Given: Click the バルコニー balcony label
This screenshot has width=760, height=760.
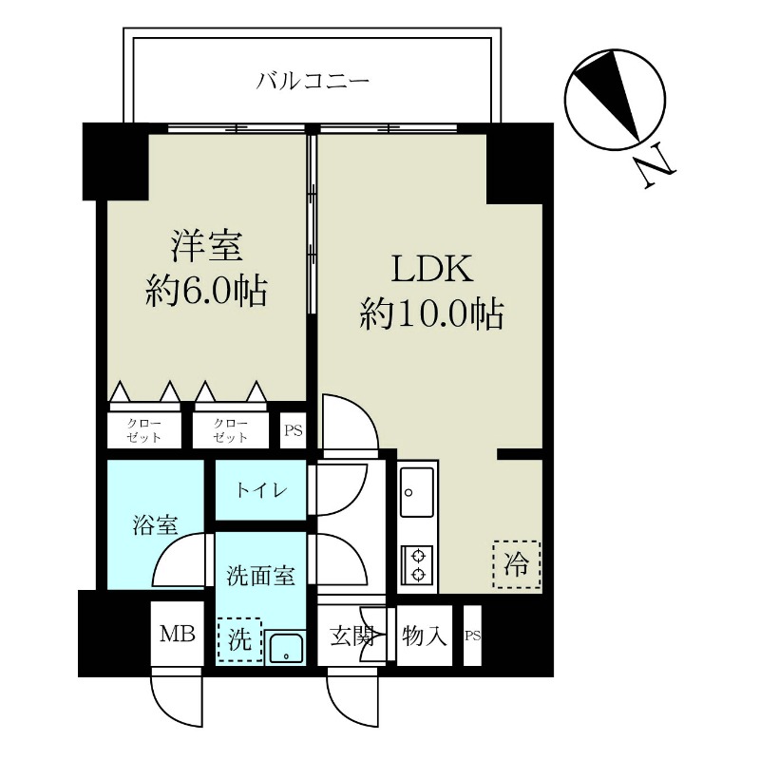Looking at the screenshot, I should coord(313,80).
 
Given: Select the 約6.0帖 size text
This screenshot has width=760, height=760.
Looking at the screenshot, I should coord(206,290).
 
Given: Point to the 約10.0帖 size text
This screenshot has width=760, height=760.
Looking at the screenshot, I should coord(429,313).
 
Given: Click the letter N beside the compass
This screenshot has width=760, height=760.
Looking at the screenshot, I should coord(655,169).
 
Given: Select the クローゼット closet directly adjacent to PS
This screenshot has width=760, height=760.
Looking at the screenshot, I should coord(230,430).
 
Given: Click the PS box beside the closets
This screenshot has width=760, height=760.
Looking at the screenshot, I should coord(293,430).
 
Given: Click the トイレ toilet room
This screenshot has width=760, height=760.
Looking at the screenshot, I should coord(258,491).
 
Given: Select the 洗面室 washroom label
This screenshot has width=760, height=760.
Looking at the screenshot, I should coord(259,575).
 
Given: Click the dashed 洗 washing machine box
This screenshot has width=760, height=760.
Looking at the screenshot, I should coord(238,639).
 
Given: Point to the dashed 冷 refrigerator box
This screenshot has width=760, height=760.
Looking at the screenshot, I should coord(516,564).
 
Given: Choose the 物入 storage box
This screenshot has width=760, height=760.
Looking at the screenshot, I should coord(424,636).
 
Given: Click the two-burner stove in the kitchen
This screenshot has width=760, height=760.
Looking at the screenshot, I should coord(417,564).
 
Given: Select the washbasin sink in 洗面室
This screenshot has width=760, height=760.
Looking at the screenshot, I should coord(284,649).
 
